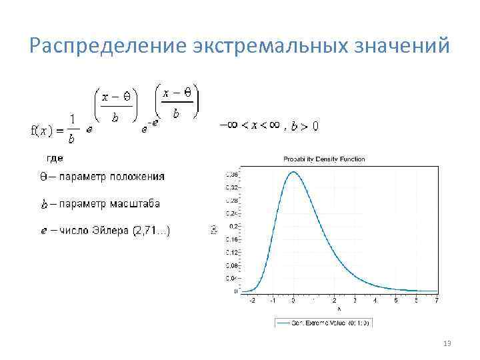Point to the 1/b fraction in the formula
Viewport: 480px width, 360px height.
pyautogui.click(x=71, y=129)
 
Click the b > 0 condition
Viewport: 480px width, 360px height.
pyautogui.click(x=305, y=125)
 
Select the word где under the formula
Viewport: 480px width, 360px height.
pyautogui.click(x=55, y=159)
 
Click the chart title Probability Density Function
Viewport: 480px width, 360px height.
pyautogui.click(x=324, y=159)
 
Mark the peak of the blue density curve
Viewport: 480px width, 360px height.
pyautogui.click(x=293, y=172)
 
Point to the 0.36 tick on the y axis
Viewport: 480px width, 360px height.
pyautogui.click(x=233, y=175)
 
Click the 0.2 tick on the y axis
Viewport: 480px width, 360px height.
pyautogui.click(x=234, y=227)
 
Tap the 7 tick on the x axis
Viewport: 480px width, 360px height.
pyautogui.click(x=436, y=300)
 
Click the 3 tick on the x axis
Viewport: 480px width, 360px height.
pyautogui.click(x=355, y=300)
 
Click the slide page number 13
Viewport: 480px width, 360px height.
pyautogui.click(x=447, y=343)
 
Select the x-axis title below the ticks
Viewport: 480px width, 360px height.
pyautogui.click(x=339, y=309)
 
